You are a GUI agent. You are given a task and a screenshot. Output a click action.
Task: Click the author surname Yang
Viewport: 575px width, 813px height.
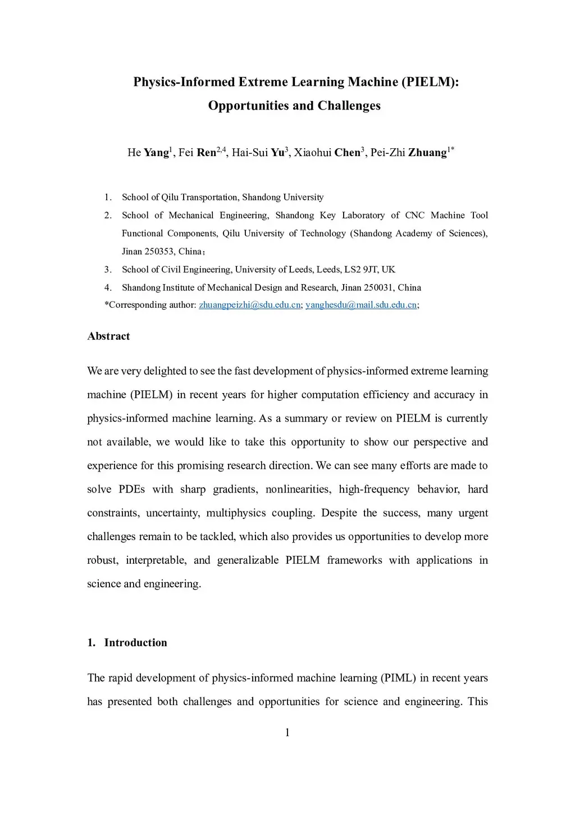coord(157,153)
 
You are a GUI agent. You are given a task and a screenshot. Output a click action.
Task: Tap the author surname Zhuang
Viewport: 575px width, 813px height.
coord(427,153)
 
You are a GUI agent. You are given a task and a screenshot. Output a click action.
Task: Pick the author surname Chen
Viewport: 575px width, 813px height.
coord(348,153)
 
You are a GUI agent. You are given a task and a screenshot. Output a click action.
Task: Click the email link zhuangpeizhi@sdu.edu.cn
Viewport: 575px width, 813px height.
coord(250,305)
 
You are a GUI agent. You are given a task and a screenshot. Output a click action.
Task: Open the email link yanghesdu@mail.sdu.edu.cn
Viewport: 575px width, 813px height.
coord(361,305)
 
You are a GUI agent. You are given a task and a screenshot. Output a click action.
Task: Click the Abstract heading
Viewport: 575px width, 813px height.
coord(108,336)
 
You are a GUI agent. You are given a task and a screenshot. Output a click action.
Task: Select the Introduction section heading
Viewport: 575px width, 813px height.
coord(135,643)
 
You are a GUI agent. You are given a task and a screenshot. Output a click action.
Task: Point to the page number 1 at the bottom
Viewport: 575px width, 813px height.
coord(287,733)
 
